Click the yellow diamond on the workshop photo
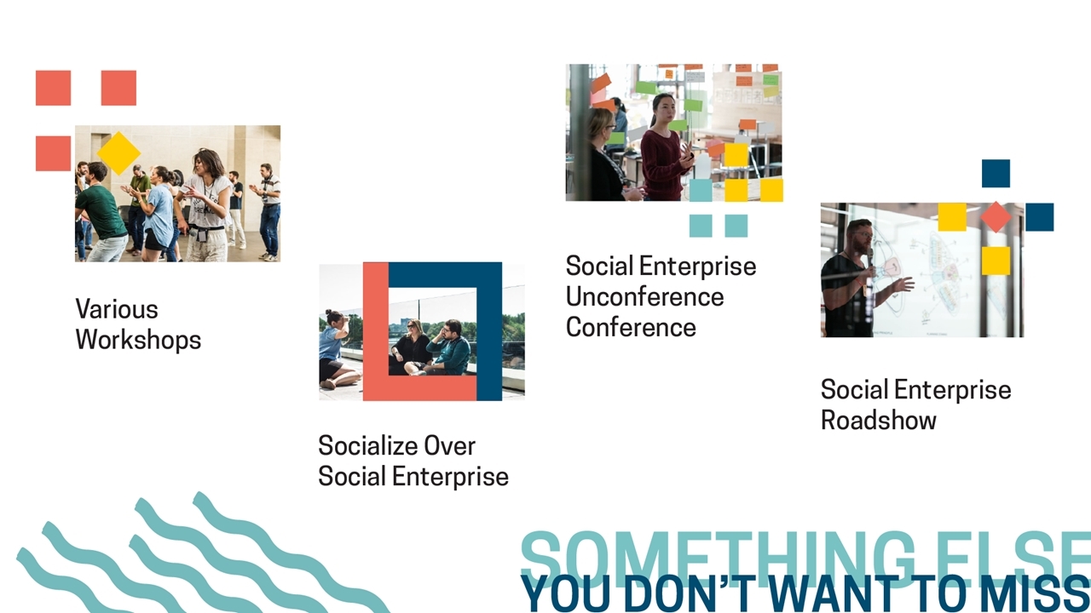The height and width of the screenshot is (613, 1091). pos(118,152)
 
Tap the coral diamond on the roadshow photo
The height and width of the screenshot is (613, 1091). pos(996,217)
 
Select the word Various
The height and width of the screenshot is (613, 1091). pos(117,309)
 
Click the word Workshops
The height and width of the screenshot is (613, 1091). pos(138,340)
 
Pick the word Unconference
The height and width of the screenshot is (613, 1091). pos(645,297)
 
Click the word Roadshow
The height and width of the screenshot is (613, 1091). pos(878,420)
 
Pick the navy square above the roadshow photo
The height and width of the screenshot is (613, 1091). pos(996,173)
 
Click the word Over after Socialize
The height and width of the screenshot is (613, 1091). pos(449,445)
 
